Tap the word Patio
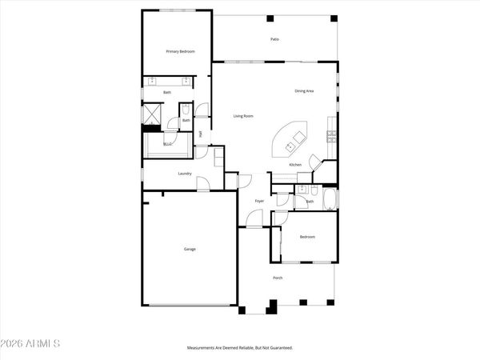click(274, 39)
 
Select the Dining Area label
click(304, 91)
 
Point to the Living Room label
click(243, 117)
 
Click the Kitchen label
click(294, 165)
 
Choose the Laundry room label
click(184, 173)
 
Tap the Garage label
click(190, 249)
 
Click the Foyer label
click(259, 201)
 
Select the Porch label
click(278, 278)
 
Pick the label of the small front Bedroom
click(307, 237)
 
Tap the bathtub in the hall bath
click(328, 198)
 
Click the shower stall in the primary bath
click(152, 114)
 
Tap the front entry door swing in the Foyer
click(254, 218)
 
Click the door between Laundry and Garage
click(203, 185)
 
